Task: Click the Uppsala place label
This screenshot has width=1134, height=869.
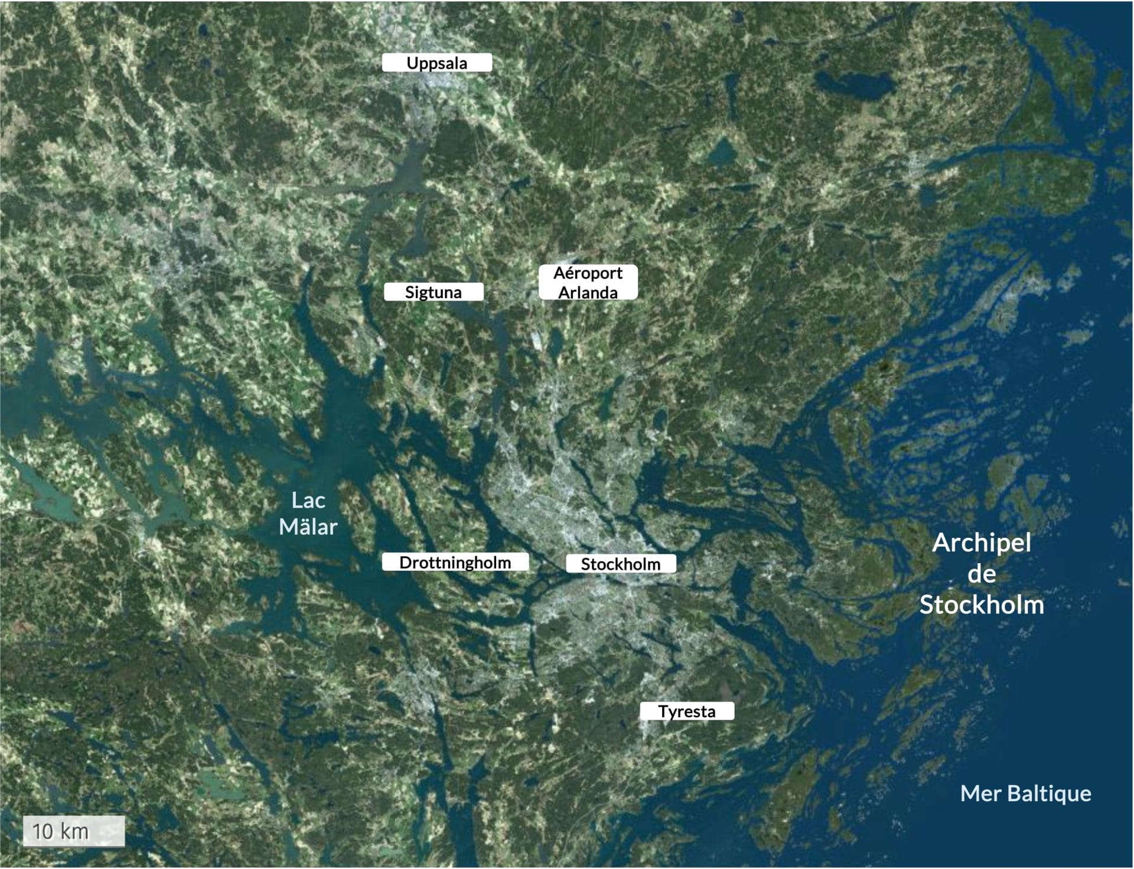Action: [436, 63]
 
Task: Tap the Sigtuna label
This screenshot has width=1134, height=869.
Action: [434, 292]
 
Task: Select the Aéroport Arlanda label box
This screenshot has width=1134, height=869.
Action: [588, 282]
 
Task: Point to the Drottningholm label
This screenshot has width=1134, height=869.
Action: [455, 562]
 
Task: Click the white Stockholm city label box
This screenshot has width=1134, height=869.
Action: [621, 564]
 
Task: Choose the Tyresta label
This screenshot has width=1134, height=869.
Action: [687, 711]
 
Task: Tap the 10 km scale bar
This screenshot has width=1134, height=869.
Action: [74, 831]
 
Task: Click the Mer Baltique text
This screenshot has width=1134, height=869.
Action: [1025, 793]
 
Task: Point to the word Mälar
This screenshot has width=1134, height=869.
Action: [308, 527]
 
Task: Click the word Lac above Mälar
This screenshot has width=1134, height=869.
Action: [308, 501]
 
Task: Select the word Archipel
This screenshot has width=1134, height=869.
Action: [982, 543]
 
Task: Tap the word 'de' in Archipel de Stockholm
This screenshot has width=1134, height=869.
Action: [982, 574]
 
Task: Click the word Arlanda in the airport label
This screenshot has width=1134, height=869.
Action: [588, 292]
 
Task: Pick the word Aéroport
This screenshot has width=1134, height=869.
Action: [588, 273]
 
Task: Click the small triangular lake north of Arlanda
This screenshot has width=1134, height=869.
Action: [721, 152]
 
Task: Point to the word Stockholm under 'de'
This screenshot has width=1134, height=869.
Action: [982, 605]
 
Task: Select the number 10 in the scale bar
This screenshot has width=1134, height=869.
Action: [43, 831]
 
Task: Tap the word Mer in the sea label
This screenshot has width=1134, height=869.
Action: [980, 793]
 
